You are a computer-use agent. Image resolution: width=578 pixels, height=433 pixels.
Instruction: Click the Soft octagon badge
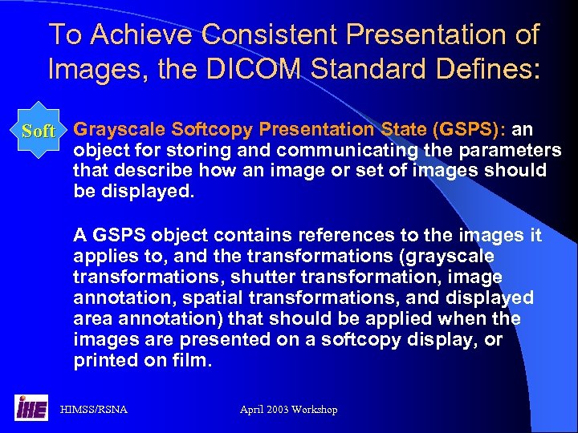click(39, 131)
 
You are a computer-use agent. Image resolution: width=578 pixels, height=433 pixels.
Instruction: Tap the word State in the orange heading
click(402, 130)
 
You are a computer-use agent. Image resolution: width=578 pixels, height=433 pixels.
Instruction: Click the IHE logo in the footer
click(30, 408)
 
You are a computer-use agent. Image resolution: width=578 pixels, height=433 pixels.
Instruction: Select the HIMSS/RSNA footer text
click(94, 410)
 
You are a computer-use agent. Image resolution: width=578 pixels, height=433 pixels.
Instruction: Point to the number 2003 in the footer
click(280, 410)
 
